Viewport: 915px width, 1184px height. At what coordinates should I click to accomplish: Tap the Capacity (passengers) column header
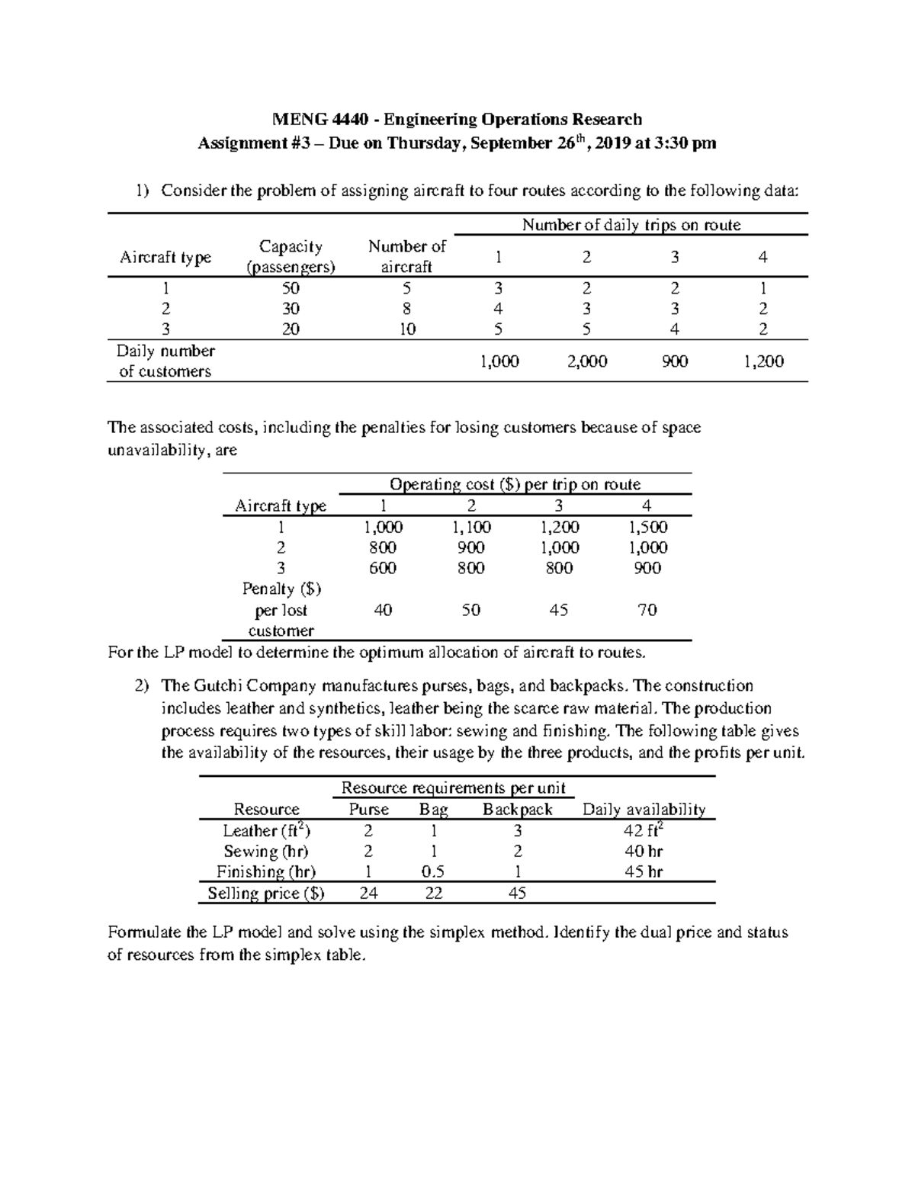[x=291, y=256]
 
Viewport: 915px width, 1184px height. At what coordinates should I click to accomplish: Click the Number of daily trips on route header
[x=631, y=225]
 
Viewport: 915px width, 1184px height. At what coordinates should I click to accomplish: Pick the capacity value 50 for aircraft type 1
[x=291, y=288]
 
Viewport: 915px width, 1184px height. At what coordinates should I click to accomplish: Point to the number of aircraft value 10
[x=407, y=329]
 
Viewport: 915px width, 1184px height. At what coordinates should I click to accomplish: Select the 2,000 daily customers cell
[x=587, y=361]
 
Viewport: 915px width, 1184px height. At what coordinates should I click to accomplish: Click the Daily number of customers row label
[x=165, y=361]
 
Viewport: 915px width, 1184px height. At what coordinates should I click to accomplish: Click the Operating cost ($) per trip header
[x=515, y=485]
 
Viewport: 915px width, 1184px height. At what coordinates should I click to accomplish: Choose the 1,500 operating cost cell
[x=647, y=527]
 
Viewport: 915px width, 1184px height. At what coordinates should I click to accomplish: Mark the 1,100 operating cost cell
[x=471, y=527]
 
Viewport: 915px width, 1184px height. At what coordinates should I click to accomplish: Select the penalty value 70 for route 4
[x=647, y=610]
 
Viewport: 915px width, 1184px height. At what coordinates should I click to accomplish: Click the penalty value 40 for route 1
[x=384, y=610]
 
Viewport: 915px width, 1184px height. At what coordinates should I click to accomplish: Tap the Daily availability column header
[x=644, y=810]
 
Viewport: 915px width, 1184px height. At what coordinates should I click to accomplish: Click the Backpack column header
[x=517, y=810]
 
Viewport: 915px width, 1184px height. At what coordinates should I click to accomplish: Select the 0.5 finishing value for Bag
[x=433, y=872]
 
